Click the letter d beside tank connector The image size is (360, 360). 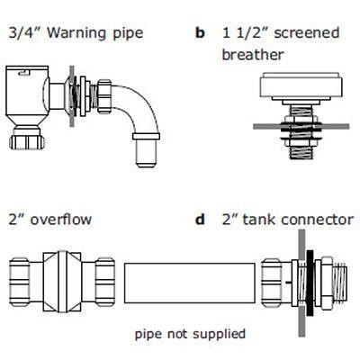coord(201,220)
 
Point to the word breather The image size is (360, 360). coord(253,54)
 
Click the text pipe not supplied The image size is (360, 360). coord(189,334)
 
